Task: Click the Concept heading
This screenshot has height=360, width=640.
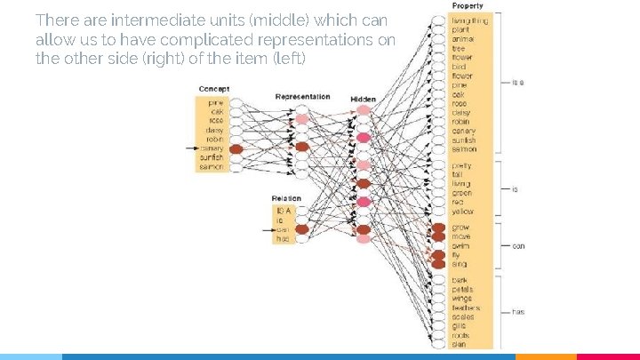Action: [213, 88]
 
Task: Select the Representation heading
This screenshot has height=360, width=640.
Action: [302, 97]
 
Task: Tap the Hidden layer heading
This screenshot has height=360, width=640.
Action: [363, 99]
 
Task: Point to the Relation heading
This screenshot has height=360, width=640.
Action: [286, 198]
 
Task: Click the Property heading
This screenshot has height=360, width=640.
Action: [468, 6]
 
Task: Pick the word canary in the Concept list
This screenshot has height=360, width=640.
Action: [212, 148]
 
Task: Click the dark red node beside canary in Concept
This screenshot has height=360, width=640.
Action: [236, 149]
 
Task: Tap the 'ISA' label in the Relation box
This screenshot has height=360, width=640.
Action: [284, 210]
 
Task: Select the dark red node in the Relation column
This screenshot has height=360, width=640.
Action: [302, 229]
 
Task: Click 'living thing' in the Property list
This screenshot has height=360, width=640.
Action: [469, 20]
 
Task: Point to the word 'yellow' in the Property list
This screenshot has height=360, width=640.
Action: [462, 212]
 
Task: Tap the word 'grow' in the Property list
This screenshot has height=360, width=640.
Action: [460, 228]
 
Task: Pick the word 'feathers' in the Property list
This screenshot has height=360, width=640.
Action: [466, 307]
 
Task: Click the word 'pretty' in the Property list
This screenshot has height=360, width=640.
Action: [462, 165]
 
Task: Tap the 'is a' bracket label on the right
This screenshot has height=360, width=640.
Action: [517, 82]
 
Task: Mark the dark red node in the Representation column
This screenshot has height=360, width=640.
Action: [302, 147]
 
